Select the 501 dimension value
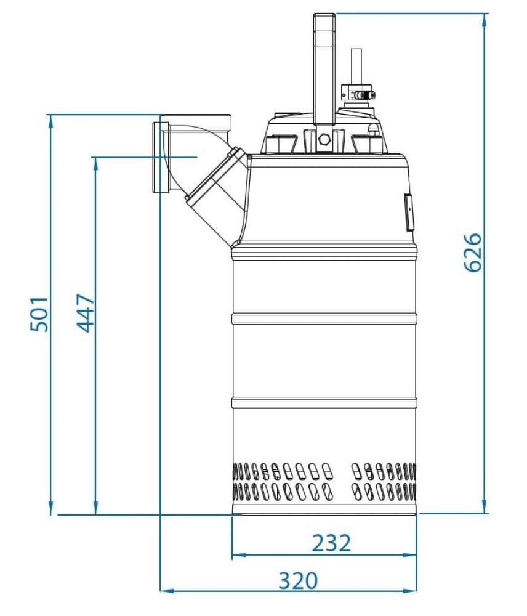click(39, 314)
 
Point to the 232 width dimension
click(331, 543)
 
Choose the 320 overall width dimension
click(298, 580)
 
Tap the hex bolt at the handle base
click(324, 139)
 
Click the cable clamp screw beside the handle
click(364, 95)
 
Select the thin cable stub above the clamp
click(356, 66)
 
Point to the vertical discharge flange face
click(157, 157)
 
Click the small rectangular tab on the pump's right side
click(409, 212)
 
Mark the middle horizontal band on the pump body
click(324, 319)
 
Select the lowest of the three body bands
click(324, 403)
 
